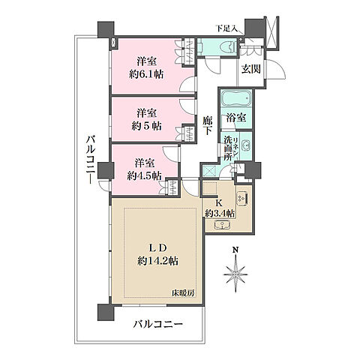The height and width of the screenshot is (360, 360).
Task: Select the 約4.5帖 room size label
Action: (144, 175)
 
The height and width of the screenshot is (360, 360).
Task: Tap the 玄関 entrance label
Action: (250, 69)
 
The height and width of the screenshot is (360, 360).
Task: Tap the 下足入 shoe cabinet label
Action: (226, 28)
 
